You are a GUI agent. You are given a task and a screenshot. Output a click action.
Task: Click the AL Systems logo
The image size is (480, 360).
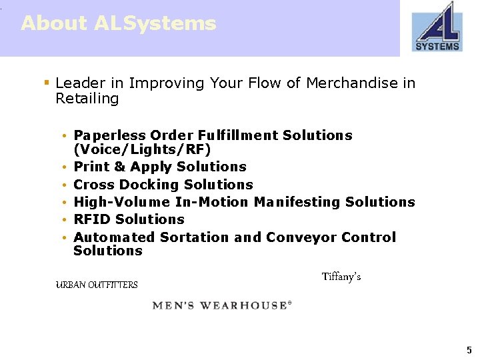pyautogui.click(x=437, y=27)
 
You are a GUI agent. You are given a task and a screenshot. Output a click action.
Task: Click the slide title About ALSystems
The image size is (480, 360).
pyautogui.click(x=119, y=23)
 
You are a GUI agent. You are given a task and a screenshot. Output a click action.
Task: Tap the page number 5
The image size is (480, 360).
pyautogui.click(x=469, y=350)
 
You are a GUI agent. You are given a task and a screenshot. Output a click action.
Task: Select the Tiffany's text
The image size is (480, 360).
pyautogui.click(x=341, y=277)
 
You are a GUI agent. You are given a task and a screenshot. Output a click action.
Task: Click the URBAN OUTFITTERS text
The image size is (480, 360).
pyautogui.click(x=97, y=285)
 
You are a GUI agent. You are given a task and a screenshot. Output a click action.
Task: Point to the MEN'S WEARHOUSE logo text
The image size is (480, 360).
pyautogui.click(x=222, y=305)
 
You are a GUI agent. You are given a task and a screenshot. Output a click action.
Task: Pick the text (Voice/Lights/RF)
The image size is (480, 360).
pyautogui.click(x=142, y=149)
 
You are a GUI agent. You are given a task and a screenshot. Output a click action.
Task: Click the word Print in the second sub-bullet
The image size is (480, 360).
pyautogui.click(x=90, y=167)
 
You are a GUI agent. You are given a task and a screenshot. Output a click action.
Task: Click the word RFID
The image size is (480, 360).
pyautogui.click(x=93, y=219)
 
